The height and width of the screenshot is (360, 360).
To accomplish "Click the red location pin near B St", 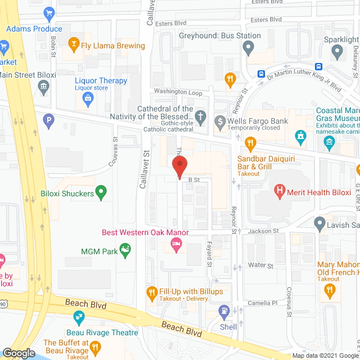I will tap(179, 167).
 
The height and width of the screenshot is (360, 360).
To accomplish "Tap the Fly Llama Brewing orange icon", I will tap(73, 43).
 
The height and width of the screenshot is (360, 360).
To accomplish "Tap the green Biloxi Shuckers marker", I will tap(101, 193).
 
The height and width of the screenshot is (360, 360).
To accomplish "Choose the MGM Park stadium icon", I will tap(126, 248).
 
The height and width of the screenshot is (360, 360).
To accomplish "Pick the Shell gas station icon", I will tap(224, 309).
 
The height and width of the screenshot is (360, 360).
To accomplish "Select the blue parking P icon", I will tap(49, 119).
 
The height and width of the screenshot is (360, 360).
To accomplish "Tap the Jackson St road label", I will tap(264, 231).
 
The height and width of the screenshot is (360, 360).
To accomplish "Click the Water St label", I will tap(262, 265).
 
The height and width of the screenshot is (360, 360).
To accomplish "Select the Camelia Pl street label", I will tap(263, 303).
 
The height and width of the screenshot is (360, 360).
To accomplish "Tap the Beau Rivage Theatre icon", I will tap(80, 317).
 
